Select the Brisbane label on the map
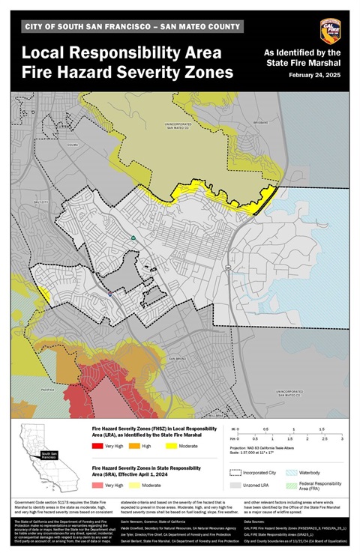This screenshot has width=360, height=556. click(281, 121)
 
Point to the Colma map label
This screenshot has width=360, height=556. click(72, 145)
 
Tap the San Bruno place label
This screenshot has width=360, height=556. click(177, 359)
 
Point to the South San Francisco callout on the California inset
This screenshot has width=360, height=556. click(49, 455)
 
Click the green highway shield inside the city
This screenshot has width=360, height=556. click(133, 238)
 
